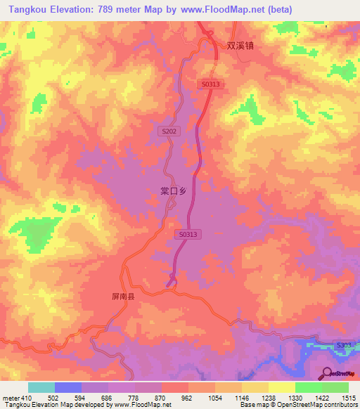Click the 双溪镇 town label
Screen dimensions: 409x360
point(240,45)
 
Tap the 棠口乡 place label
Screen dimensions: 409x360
point(173,190)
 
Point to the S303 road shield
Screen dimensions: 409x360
point(343,345)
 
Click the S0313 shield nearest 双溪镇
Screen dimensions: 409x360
point(211,84)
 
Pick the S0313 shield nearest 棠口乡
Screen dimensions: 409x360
point(188,235)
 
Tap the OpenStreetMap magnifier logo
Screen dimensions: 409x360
point(327,372)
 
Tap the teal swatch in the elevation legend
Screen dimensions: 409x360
point(41,387)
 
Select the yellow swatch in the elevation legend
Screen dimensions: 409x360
point(281,387)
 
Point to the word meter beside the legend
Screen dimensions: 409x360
point(11,398)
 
